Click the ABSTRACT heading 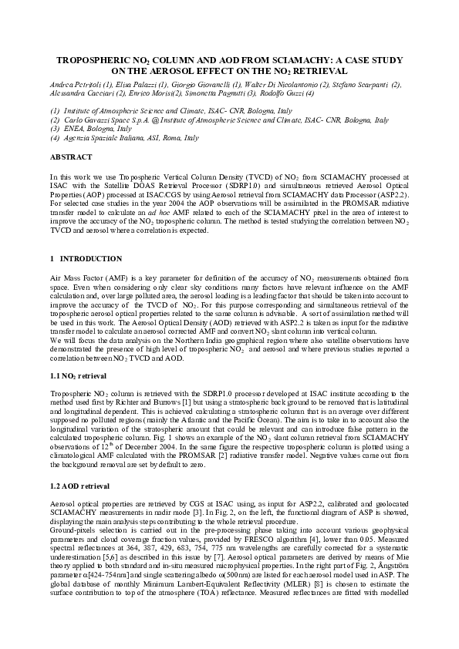click(x=70, y=156)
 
